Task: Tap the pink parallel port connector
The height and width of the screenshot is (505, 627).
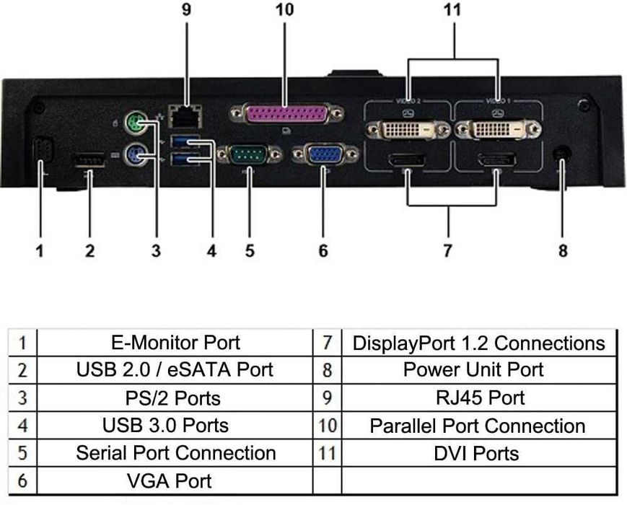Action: [x=286, y=114]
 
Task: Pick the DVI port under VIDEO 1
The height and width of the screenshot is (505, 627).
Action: [x=499, y=131]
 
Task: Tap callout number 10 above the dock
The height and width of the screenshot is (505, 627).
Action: [x=284, y=11]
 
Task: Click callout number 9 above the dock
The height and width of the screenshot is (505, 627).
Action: [x=187, y=11]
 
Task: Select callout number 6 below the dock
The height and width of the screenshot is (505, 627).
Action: [x=323, y=251]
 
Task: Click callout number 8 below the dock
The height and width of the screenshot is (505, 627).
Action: [x=563, y=251]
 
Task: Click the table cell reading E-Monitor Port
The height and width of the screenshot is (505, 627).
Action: [x=175, y=342]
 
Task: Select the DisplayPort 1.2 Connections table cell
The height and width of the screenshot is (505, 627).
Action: [x=478, y=342]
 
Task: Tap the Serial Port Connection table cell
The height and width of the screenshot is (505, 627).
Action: [x=175, y=453]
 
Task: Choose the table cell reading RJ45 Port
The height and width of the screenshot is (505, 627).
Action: [x=478, y=398]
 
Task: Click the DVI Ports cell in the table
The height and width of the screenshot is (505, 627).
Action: [x=478, y=453]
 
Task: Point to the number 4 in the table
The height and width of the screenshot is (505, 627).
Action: [x=23, y=426]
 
